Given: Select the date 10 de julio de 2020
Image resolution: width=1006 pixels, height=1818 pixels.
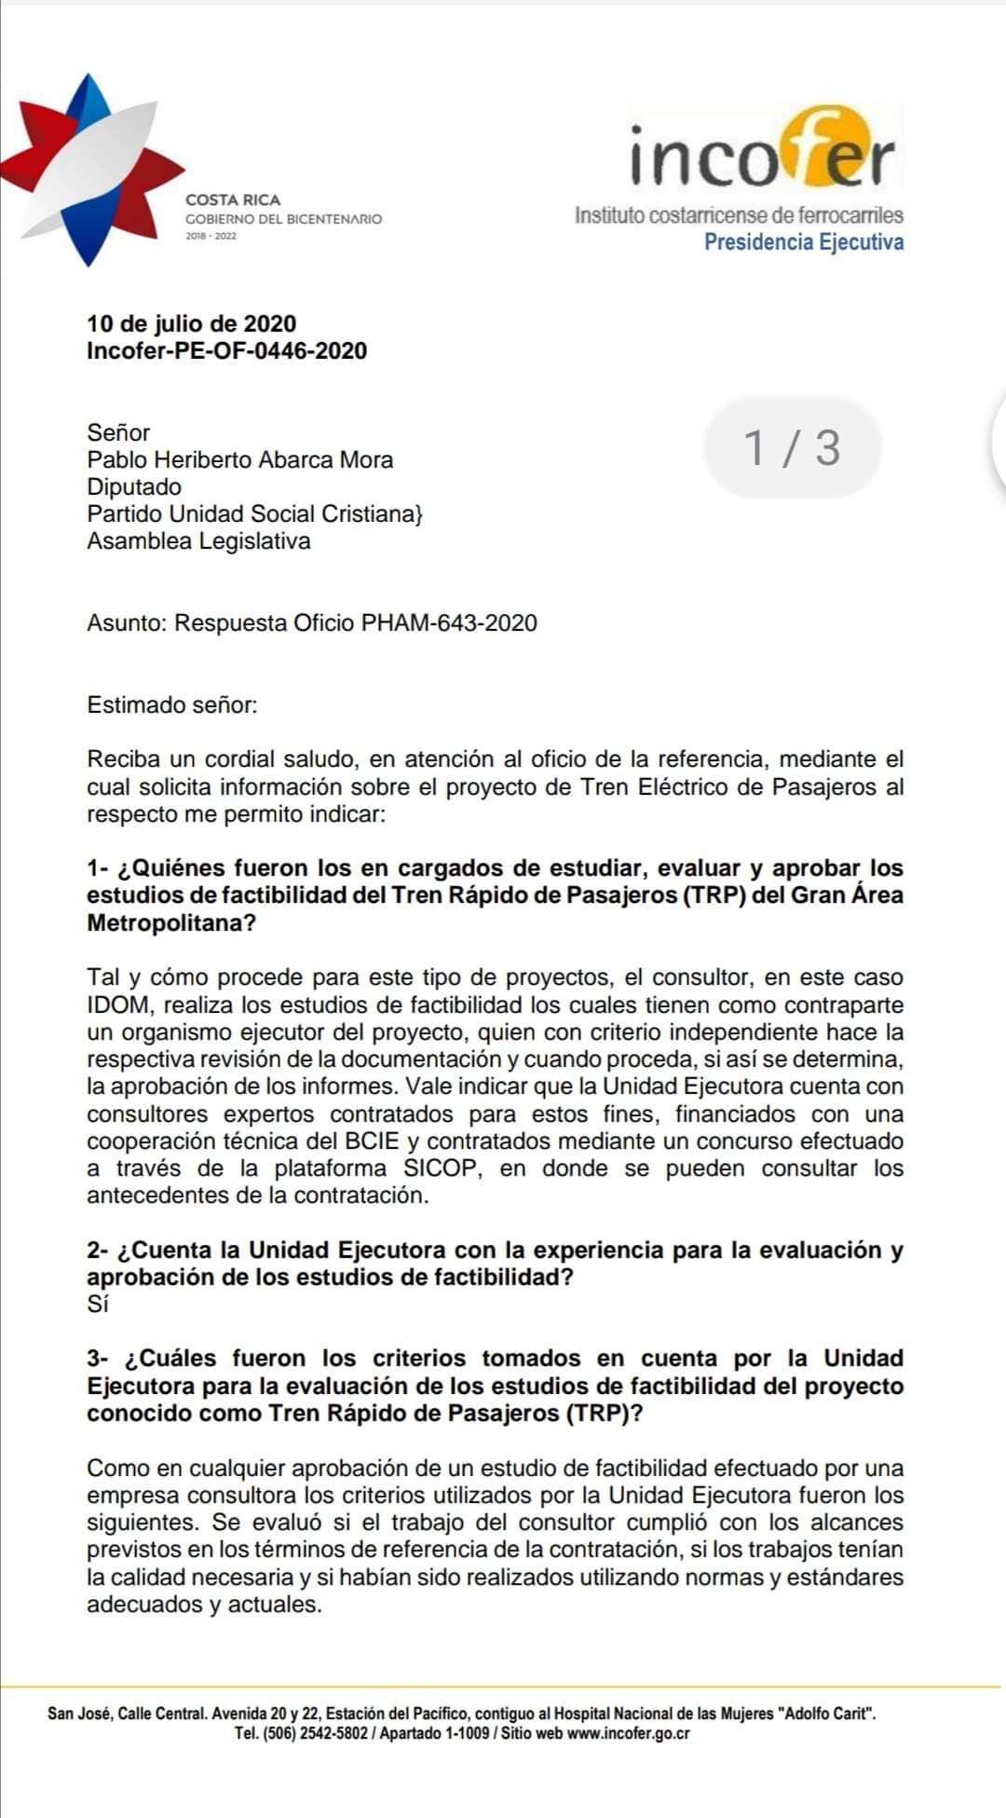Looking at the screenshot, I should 191,323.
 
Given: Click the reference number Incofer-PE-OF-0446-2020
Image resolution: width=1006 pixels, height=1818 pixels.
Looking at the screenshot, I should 226,350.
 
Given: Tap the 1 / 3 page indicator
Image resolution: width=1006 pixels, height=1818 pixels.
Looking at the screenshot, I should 792,447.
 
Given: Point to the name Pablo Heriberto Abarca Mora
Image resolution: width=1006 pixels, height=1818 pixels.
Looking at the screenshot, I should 239,459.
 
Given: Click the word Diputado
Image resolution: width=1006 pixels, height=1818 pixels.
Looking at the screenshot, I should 134,486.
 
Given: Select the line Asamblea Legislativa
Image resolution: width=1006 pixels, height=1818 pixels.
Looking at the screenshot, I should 198,540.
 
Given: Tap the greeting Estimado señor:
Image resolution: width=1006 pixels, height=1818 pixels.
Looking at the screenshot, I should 171,704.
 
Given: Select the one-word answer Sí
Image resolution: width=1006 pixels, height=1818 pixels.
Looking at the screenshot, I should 98,1304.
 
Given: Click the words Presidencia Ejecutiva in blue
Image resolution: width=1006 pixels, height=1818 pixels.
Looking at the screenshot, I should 803,242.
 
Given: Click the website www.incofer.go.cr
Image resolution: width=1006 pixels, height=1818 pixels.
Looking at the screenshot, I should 628,1733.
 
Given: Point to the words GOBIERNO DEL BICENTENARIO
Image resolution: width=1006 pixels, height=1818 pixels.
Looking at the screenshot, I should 284,219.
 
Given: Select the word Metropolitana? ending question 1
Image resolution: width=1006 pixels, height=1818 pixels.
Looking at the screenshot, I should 171,923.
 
